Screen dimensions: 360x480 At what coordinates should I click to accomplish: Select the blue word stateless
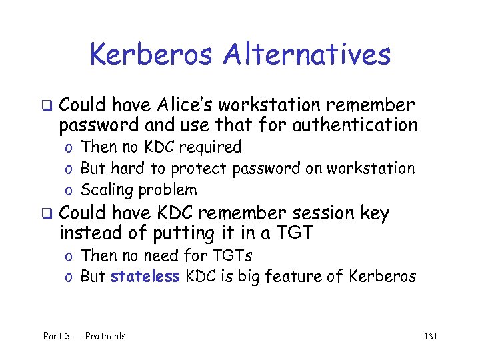click(145, 277)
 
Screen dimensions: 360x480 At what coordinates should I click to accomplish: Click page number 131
click(430, 336)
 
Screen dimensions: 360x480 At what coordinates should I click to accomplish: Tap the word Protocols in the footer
click(105, 336)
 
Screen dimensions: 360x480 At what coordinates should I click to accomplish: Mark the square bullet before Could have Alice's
click(46, 105)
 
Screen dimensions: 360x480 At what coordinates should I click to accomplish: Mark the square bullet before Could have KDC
click(46, 214)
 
